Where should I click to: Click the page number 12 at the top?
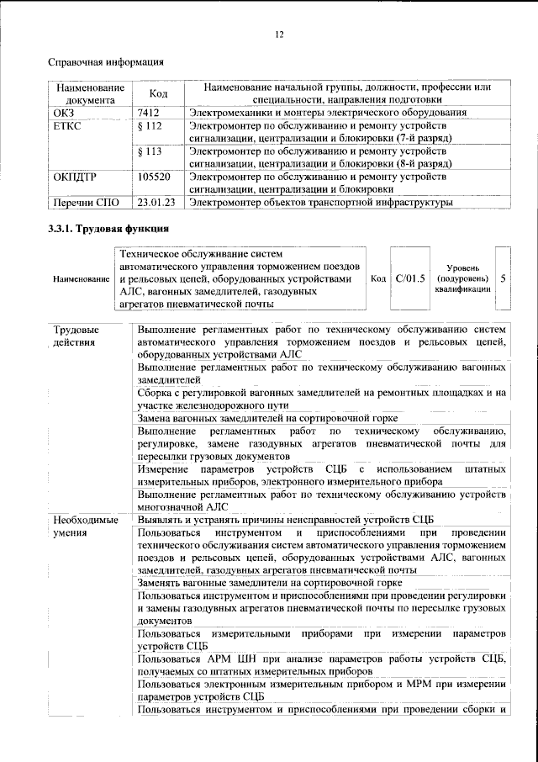[279, 34]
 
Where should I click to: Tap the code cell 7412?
[149, 112]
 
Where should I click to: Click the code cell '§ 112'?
[149, 125]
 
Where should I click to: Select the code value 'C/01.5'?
[410, 277]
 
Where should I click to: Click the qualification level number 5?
[503, 277]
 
